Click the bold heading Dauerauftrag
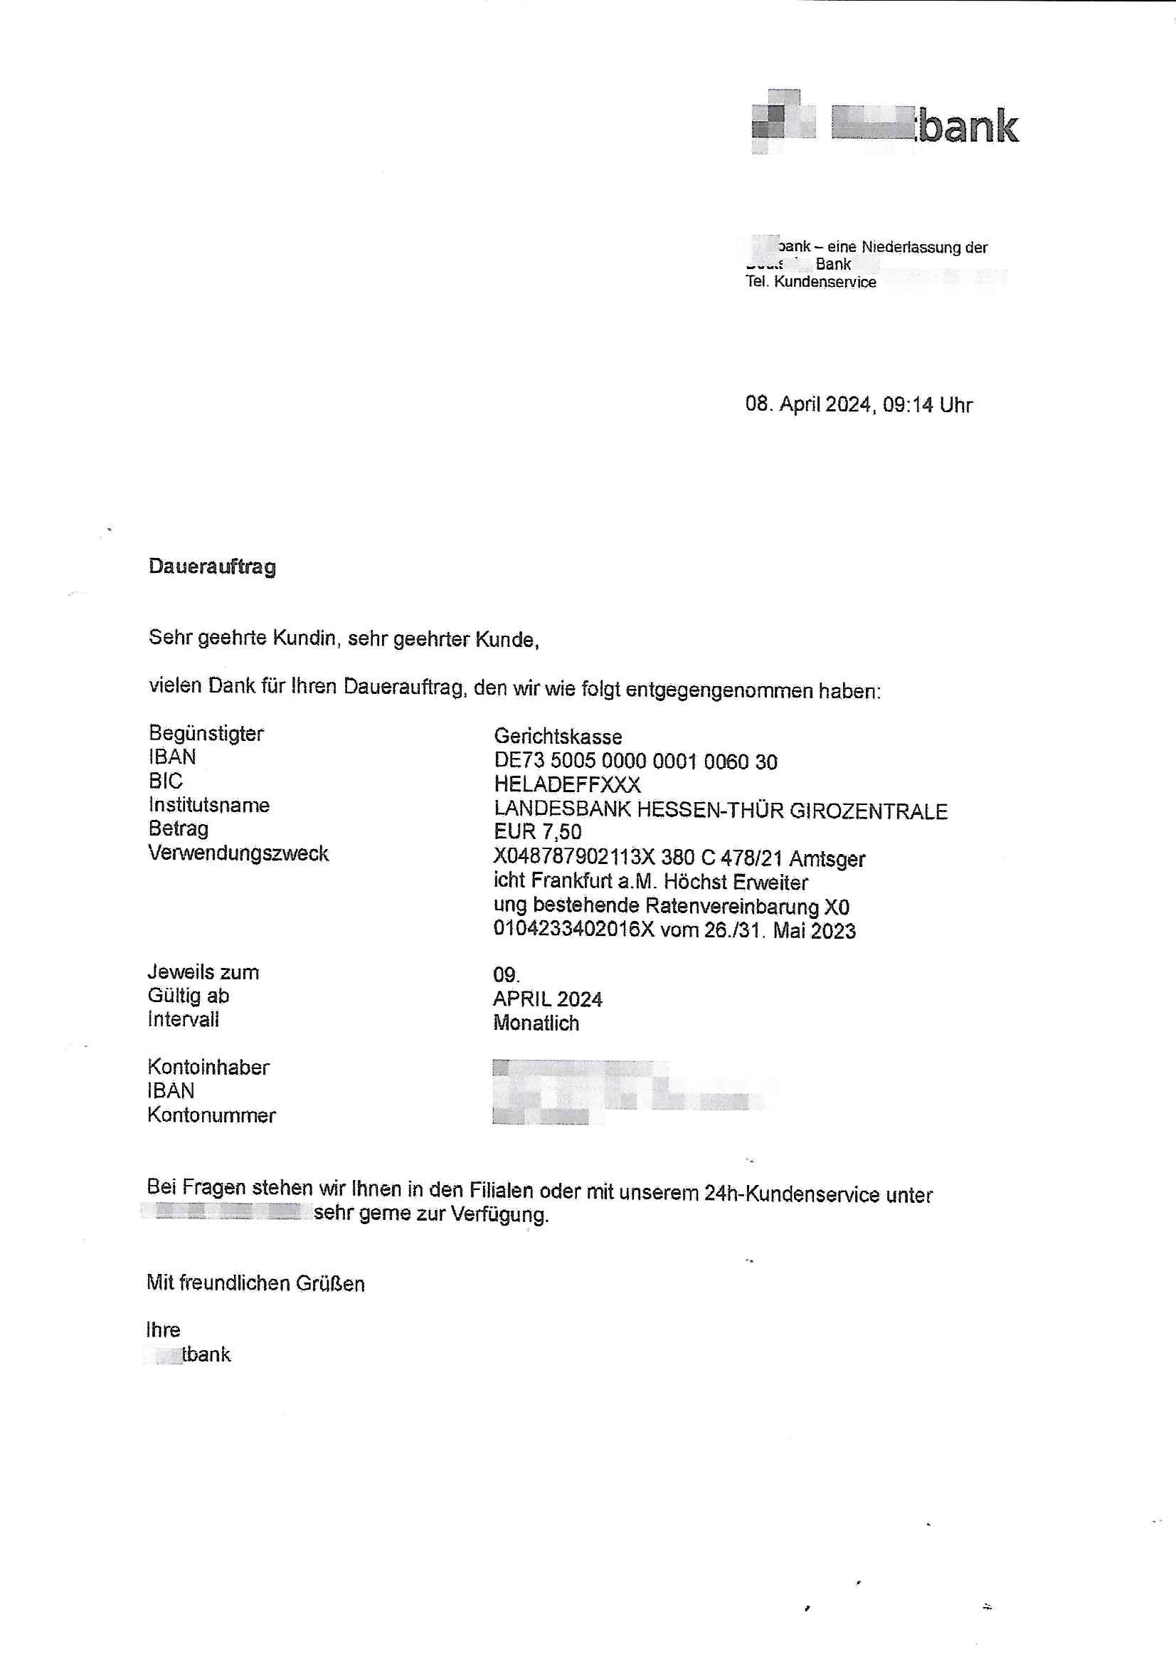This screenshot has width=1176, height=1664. coord(211,566)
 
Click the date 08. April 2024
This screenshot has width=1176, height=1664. coord(807,404)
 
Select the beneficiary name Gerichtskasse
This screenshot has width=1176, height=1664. coord(557,737)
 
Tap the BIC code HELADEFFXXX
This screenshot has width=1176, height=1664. coord(566,784)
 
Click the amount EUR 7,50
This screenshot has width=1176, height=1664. coord(537,831)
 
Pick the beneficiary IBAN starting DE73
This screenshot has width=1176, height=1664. coord(635,761)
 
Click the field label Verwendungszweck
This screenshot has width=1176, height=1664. coord(238,853)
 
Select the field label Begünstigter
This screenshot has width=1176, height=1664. coord(206,734)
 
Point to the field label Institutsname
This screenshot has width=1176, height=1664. coord(208,805)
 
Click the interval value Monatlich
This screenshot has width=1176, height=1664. coord(536,1023)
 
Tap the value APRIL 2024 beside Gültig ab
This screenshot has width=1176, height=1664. coord(547,999)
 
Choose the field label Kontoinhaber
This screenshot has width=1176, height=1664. coord(208,1067)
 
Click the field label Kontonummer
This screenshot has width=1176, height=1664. coord(211,1115)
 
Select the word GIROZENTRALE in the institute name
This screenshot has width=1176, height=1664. coord(867,810)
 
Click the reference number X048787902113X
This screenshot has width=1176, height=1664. coord(574,858)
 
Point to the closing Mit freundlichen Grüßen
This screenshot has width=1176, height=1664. coord(255,1283)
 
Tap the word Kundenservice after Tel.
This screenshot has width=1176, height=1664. coord(825,282)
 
